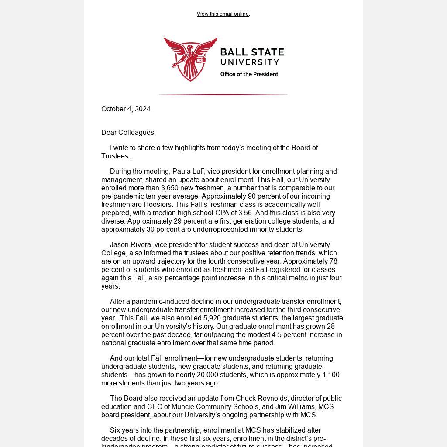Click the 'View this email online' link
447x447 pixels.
pos(223,14)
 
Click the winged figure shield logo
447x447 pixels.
pos(190,59)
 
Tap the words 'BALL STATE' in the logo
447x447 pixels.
pos(252,52)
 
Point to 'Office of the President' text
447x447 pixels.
pos(249,74)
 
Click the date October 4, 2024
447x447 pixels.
pos(126,109)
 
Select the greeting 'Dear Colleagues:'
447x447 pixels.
pos(128,133)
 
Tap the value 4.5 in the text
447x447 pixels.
pos(277,335)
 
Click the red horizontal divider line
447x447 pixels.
pos(223,94)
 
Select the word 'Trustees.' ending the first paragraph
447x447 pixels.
pos(115,156)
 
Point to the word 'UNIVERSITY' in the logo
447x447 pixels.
pos(249,62)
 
